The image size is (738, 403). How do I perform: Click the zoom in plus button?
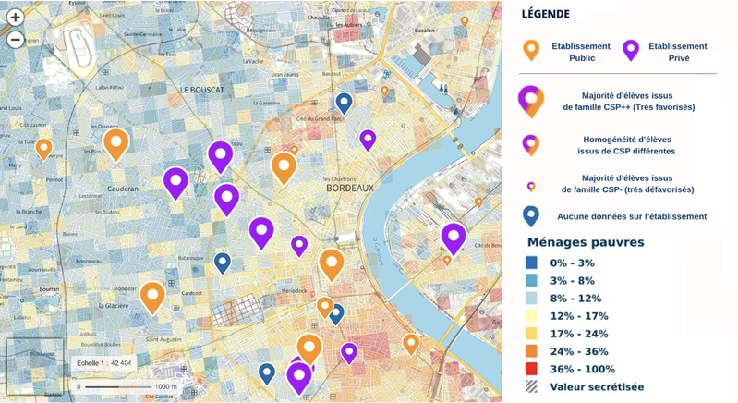click(15, 17)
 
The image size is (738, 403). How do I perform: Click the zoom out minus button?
click(15, 39)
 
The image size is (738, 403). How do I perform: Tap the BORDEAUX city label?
click(350, 189)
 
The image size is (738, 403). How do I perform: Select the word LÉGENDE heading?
click(545, 14)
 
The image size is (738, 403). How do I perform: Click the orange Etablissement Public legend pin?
click(531, 50)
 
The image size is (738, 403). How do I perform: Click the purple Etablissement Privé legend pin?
click(631, 50)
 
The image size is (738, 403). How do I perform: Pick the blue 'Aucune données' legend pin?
click(531, 215)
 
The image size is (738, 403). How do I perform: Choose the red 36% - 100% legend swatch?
click(532, 369)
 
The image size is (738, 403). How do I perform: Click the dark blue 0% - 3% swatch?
click(532, 263)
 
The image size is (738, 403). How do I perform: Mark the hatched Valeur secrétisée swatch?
click(532, 386)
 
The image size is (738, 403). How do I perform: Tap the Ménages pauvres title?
click(585, 242)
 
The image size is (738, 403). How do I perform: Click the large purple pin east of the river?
click(453, 237)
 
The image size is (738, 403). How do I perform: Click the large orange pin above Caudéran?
click(115, 143)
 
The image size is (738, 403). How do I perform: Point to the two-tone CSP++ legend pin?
click(531, 100)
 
